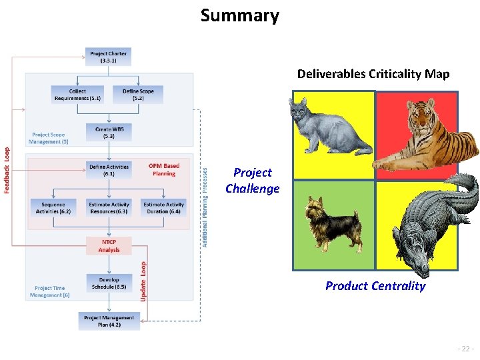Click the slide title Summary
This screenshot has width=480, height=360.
click(x=240, y=15)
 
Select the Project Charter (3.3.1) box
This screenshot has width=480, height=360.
click(x=109, y=57)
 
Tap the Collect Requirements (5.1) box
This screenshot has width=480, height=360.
click(x=77, y=95)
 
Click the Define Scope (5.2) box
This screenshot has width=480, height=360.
click(x=138, y=95)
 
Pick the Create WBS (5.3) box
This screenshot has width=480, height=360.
click(x=109, y=132)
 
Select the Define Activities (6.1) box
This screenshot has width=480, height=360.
click(x=109, y=170)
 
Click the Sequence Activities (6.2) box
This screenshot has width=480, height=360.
click(x=53, y=208)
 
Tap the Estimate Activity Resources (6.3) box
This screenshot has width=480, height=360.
click(x=109, y=208)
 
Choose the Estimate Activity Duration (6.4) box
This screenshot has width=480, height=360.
click(x=164, y=208)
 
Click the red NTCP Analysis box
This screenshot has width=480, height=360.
click(x=109, y=246)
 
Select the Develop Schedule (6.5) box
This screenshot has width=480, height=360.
click(x=109, y=283)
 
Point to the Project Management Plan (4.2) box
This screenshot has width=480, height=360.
click(x=109, y=321)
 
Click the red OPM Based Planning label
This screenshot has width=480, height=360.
click(x=164, y=170)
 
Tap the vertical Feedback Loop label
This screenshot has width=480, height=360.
click(x=7, y=171)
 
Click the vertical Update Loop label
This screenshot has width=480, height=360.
click(x=143, y=280)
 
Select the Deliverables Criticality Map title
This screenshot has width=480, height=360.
click(x=373, y=73)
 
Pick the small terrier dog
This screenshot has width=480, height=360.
click(x=333, y=223)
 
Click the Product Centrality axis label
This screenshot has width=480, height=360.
click(x=375, y=286)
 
